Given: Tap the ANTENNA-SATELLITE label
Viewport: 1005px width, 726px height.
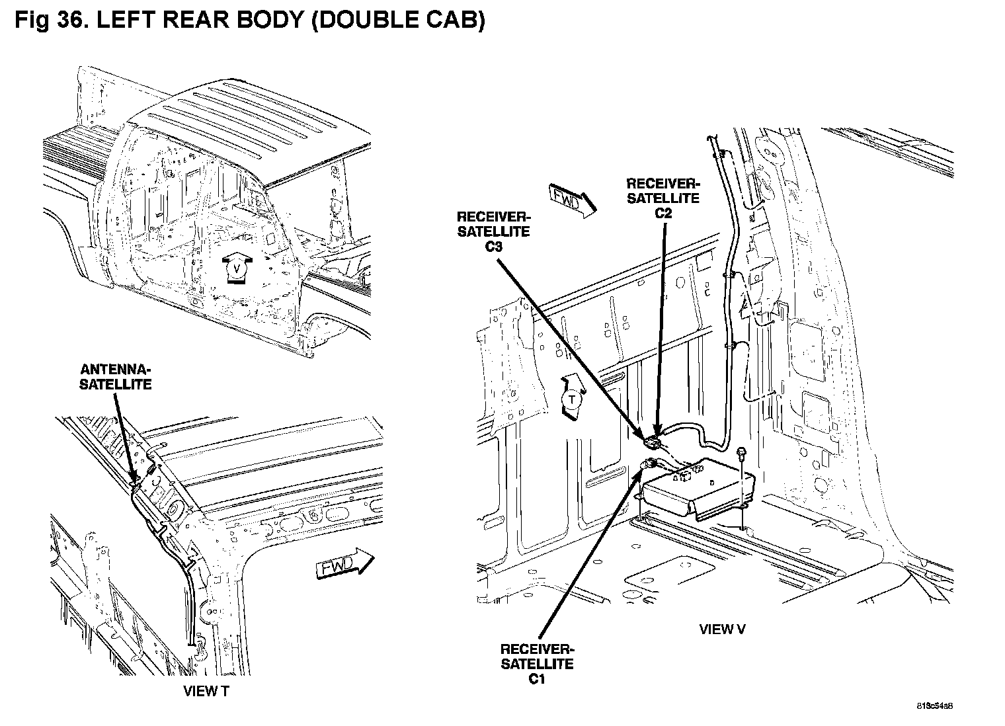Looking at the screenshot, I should pos(116,377).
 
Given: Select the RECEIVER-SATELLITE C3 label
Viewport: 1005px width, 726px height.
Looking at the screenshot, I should pos(493,231).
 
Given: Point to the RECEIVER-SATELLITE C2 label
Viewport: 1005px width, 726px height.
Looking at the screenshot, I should pos(663,198).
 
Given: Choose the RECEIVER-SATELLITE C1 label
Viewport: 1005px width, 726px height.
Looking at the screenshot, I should pos(537,663).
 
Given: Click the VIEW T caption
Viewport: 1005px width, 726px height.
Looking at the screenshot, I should pos(207,692).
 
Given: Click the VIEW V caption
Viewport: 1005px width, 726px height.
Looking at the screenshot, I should pos(722,629).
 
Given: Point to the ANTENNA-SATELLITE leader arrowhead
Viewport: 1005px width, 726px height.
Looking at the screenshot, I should pos(134,481).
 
